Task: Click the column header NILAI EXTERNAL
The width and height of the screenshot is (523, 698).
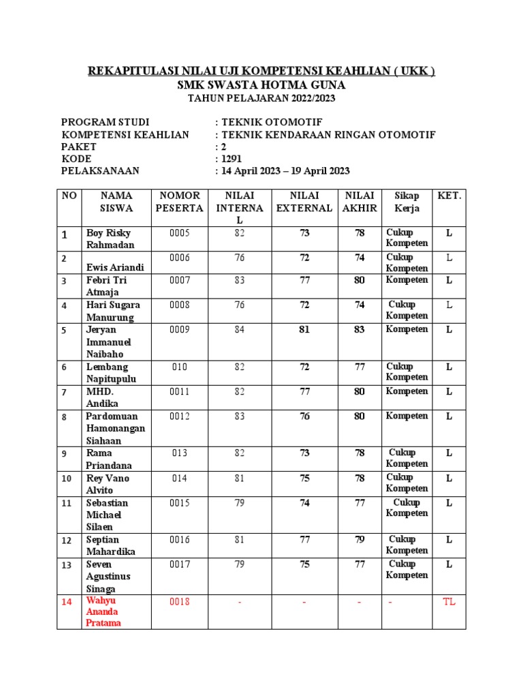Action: point(304,202)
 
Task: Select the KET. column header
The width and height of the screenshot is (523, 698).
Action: point(449,196)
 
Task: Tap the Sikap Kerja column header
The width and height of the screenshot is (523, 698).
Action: point(407,202)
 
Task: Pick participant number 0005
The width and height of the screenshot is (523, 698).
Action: point(180,233)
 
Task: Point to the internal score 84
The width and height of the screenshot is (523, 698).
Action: point(239,330)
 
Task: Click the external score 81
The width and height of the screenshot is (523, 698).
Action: point(304,330)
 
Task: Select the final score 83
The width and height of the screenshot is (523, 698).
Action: point(359,330)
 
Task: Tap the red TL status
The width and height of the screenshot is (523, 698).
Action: point(449,601)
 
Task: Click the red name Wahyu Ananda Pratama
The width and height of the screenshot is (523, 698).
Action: point(104,611)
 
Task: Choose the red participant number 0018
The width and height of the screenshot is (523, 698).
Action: point(180,601)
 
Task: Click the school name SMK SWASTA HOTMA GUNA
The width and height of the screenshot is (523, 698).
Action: point(261,85)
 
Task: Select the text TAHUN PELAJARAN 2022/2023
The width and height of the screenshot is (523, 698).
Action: point(261,99)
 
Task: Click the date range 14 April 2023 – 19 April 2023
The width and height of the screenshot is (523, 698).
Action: point(285,171)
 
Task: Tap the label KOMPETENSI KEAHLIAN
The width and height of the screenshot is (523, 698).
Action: point(125,134)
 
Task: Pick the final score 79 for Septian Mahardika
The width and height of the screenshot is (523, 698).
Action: point(359,540)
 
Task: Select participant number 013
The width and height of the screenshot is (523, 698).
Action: point(180,453)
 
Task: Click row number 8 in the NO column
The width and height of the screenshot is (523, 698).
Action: point(65,417)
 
